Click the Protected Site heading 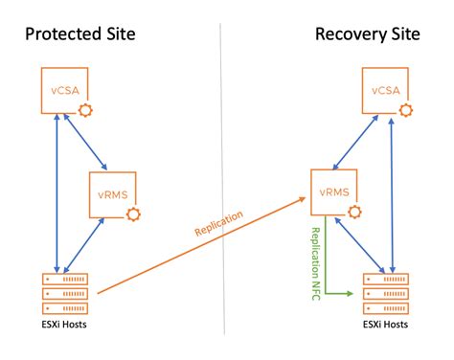[79, 35]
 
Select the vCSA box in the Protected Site [63, 91]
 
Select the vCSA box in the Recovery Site [386, 91]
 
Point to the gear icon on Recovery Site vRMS [356, 211]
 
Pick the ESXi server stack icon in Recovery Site [386, 291]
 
